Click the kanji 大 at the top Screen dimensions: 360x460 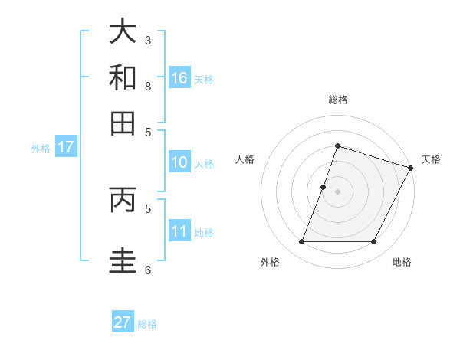[x=123, y=32]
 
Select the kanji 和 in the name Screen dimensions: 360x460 [x=123, y=77]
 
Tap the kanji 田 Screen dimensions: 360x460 [x=123, y=123]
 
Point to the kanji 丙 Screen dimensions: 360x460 [x=123, y=200]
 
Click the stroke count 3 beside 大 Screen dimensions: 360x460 [x=148, y=40]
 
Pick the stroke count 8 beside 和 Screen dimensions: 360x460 [x=148, y=86]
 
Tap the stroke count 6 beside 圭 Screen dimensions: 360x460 [x=148, y=270]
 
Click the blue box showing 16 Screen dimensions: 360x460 [x=179, y=77]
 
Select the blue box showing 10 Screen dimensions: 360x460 [x=179, y=162]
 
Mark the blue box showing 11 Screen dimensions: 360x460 [x=179, y=231]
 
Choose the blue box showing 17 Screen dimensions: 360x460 [x=65, y=147]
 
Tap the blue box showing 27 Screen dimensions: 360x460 [x=123, y=322]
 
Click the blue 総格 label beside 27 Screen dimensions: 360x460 [x=147, y=324]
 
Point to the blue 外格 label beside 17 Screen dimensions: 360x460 [x=41, y=149]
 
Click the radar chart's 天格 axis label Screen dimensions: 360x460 [x=431, y=159]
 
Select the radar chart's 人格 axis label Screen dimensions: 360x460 [x=245, y=159]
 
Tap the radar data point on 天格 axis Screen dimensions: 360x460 [x=411, y=168]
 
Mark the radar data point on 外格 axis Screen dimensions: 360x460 [x=301, y=242]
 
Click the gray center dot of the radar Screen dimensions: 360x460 [x=337, y=191]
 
